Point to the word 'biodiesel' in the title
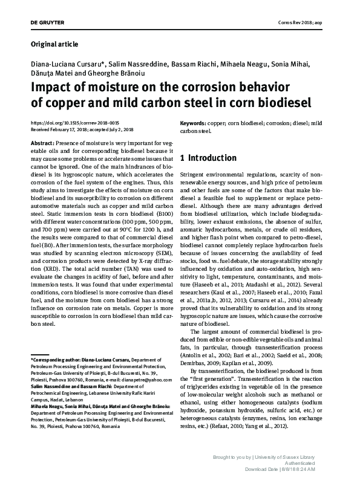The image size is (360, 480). point(279,102)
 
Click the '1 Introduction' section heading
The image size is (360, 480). point(208,158)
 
